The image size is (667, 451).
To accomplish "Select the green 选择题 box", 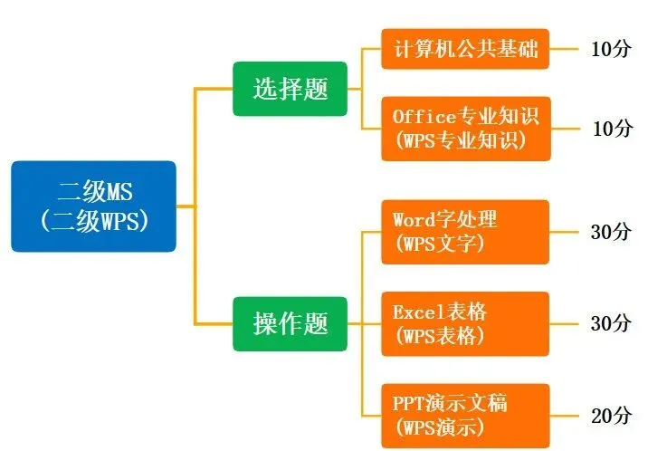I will [290, 89].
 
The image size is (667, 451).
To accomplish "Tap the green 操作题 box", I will [290, 323].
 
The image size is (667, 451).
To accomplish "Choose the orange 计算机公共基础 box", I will [465, 49].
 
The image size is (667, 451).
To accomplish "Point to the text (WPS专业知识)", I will [460, 140].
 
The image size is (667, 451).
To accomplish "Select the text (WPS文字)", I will [439, 244].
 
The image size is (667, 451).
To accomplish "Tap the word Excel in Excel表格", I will [415, 312].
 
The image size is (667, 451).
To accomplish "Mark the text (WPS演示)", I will [439, 427].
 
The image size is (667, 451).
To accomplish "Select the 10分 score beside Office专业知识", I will [613, 129].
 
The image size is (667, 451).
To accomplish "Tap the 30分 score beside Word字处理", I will [611, 232].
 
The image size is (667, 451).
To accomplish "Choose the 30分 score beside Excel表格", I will [611, 323].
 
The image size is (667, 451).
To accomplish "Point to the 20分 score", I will [611, 416].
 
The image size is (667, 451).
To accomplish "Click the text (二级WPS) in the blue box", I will [93, 221].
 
